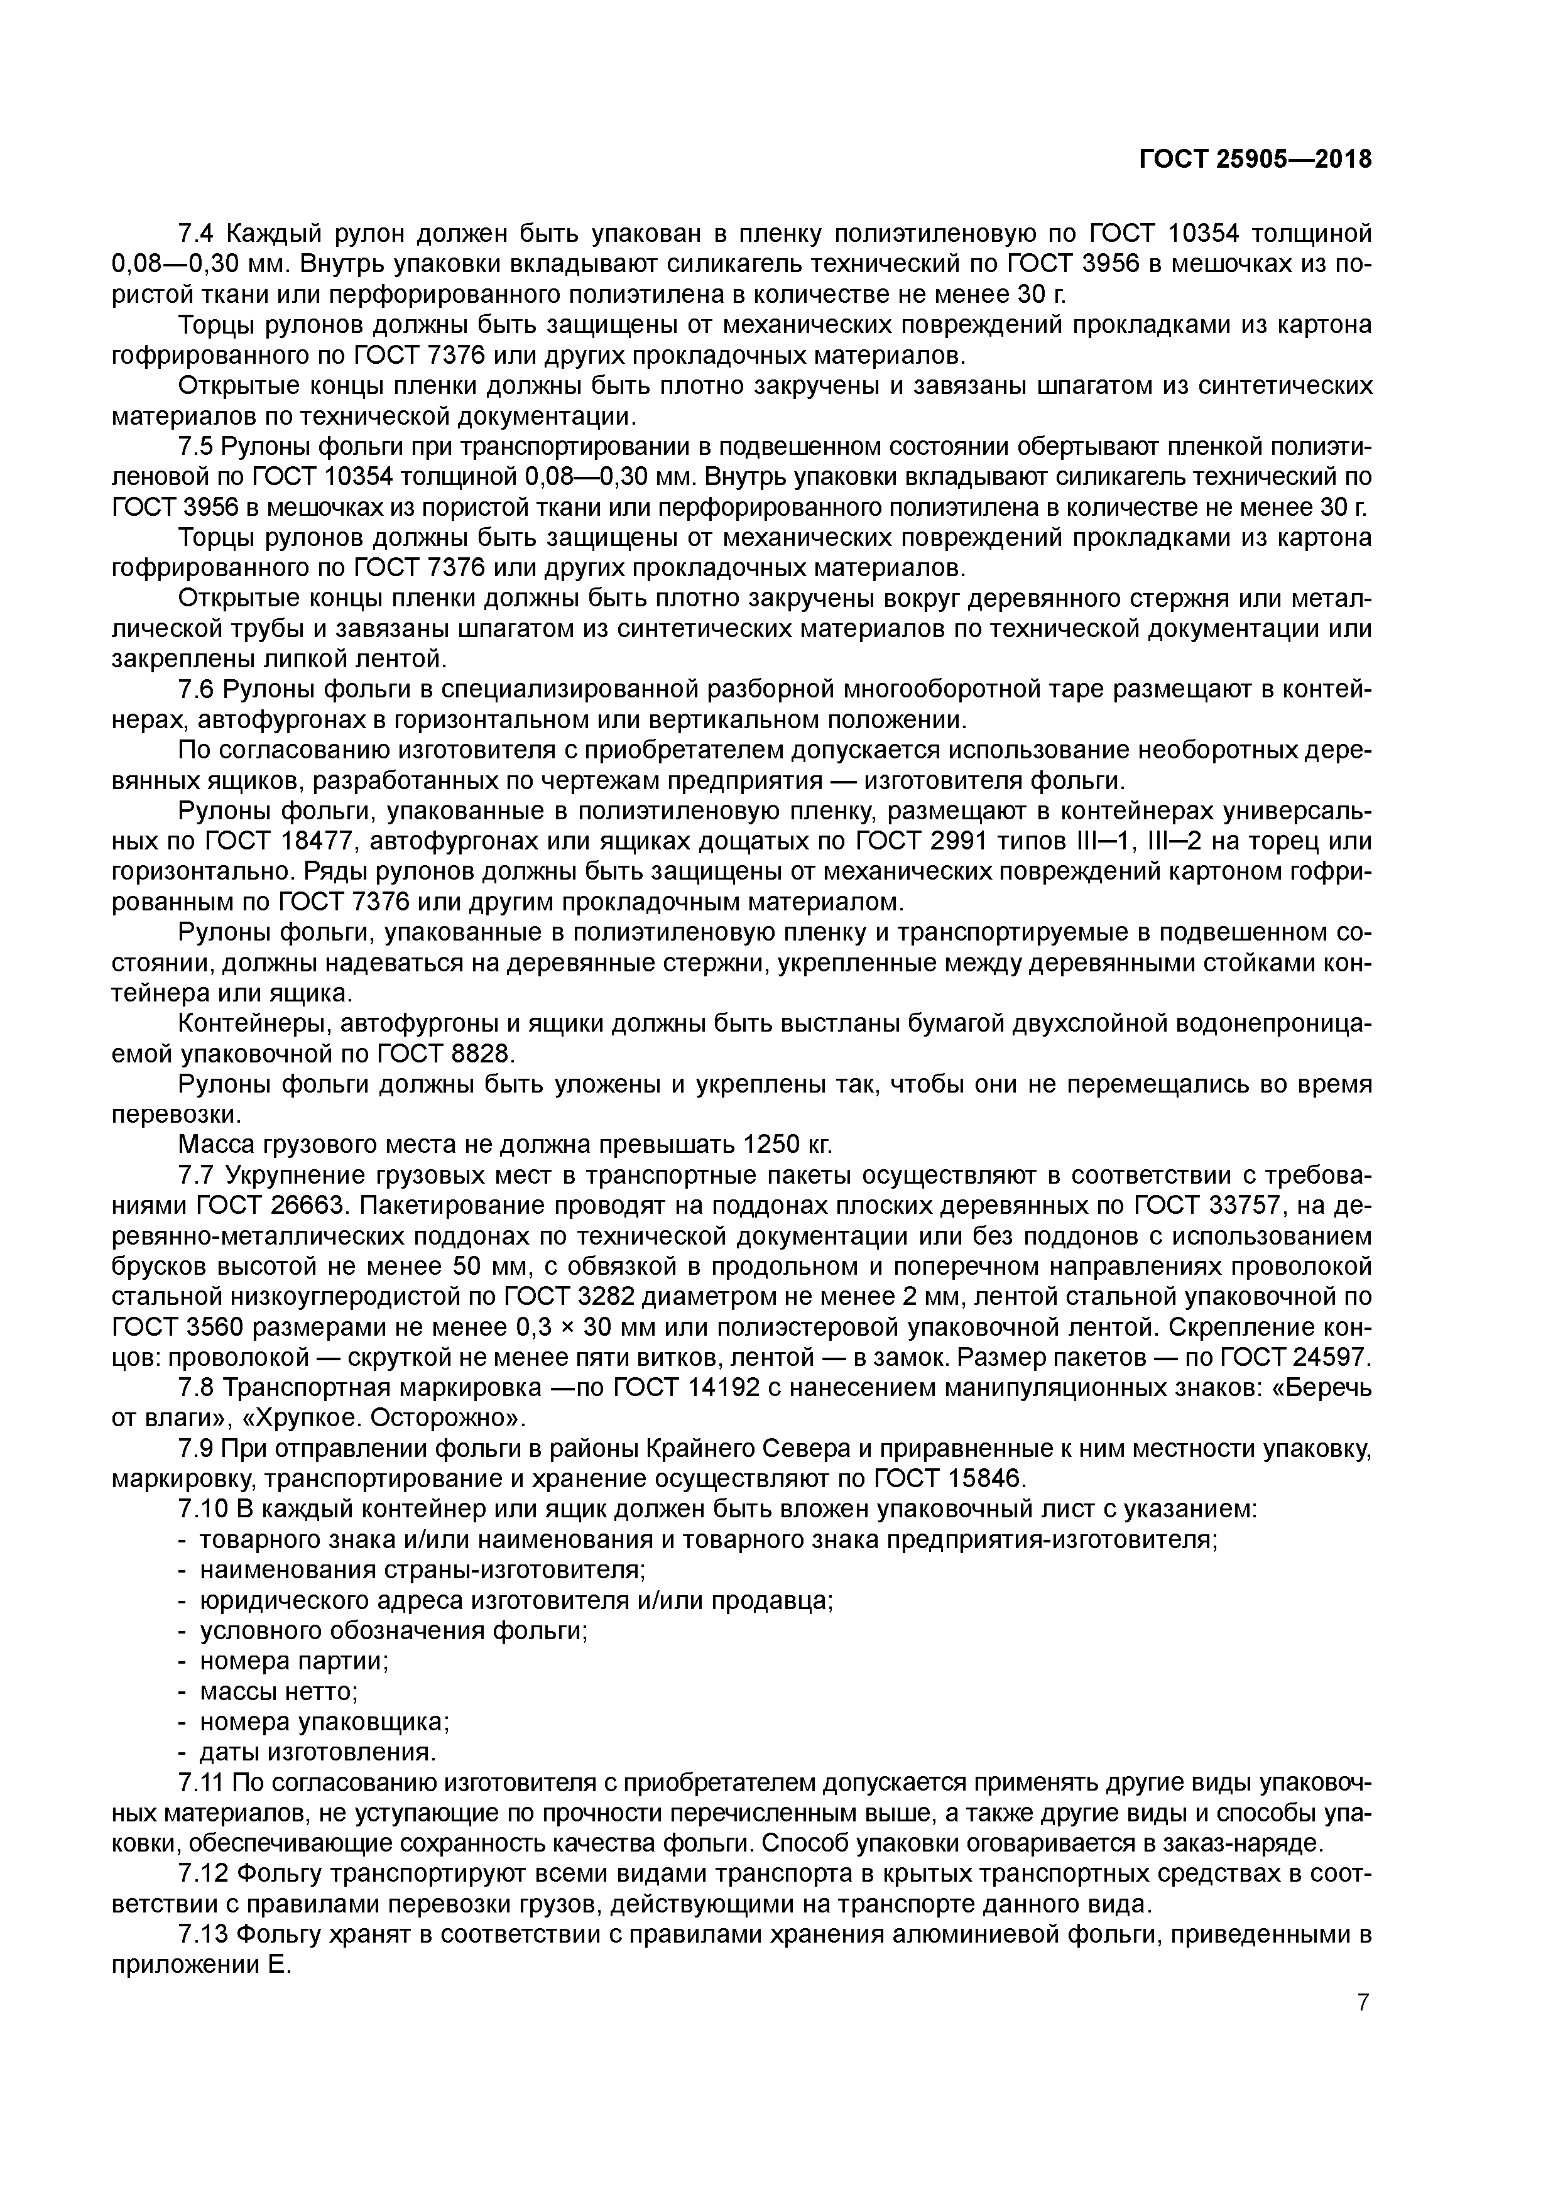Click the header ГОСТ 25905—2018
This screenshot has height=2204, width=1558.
point(1255,160)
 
